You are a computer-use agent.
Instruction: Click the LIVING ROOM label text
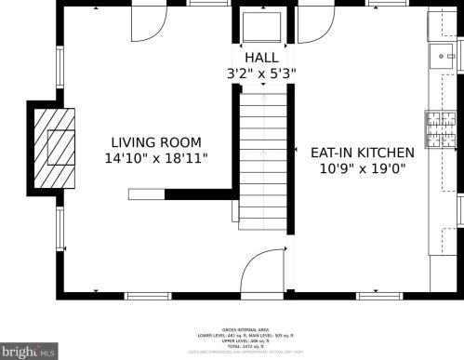155,142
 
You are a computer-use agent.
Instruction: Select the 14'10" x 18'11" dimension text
155,159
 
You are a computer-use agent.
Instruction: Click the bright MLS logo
29,352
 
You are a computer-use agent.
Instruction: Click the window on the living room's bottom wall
149,296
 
